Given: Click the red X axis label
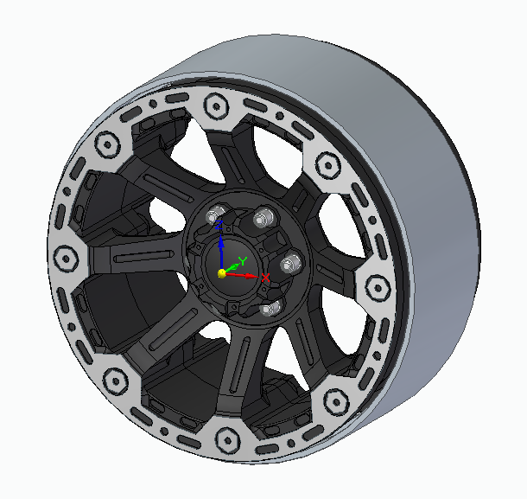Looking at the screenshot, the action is coord(265,278).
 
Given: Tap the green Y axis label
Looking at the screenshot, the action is coord(243,261).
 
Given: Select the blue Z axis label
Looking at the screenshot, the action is coord(219,225).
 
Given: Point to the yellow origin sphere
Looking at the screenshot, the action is coord(222,273).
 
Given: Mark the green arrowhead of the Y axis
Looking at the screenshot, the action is coord(235,266).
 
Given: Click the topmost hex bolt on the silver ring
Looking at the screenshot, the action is coord(216,106).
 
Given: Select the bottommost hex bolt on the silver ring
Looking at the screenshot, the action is coord(227,440).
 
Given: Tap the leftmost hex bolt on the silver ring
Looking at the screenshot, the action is coord(66,259).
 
